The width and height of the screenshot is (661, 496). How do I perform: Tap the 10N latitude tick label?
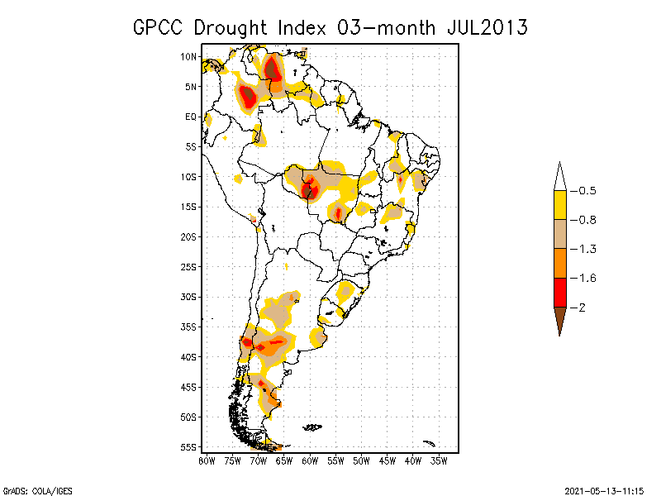click(x=188, y=56)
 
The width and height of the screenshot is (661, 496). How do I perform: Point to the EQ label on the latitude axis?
click(x=191, y=117)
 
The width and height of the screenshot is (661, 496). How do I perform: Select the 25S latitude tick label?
click(x=188, y=266)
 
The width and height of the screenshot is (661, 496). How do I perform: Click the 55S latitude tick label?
click(x=188, y=446)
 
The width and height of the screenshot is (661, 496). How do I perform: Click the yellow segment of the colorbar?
click(x=559, y=205)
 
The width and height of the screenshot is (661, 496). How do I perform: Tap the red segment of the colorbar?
click(x=559, y=292)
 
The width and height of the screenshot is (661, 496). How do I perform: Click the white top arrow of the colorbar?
click(x=559, y=177)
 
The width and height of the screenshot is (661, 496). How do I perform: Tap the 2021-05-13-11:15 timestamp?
click(x=604, y=489)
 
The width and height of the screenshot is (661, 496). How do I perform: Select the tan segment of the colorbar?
click(x=559, y=234)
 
